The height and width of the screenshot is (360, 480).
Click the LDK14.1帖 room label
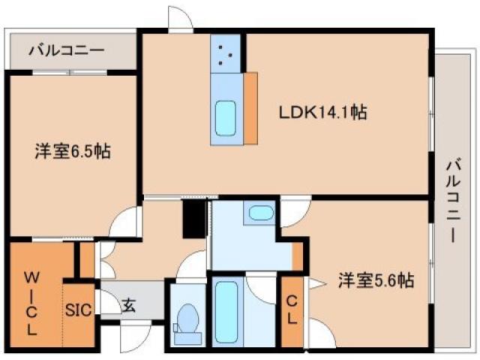[x=322, y=113]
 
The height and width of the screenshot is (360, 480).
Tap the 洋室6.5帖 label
[x=73, y=151]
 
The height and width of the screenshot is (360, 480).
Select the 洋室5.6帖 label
[x=375, y=280]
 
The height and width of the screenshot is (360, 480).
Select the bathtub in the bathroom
[x=226, y=308]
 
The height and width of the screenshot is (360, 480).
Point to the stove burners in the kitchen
[x=225, y=53]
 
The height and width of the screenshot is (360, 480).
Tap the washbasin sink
[x=261, y=213]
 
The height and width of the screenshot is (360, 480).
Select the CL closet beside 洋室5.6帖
[x=291, y=310]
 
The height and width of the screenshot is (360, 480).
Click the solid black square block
[x=194, y=218]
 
